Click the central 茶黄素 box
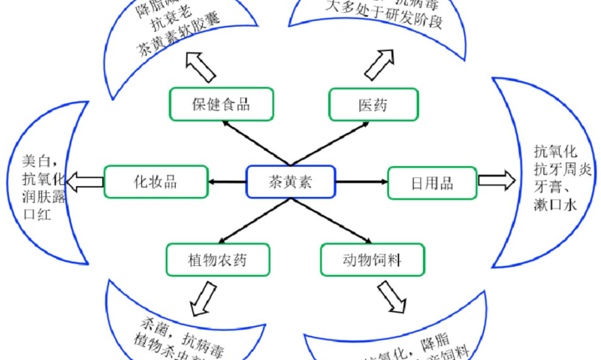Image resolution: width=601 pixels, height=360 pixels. point(290,182)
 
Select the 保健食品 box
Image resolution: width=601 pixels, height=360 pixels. point(220,104)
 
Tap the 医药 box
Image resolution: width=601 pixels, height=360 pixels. point(373,104)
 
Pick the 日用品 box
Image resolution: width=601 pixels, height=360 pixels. point(432,183)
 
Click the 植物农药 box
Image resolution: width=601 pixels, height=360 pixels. point(218,261)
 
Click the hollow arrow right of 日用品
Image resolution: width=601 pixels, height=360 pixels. point(497,181)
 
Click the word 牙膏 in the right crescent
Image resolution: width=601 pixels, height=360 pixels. point(551,187)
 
